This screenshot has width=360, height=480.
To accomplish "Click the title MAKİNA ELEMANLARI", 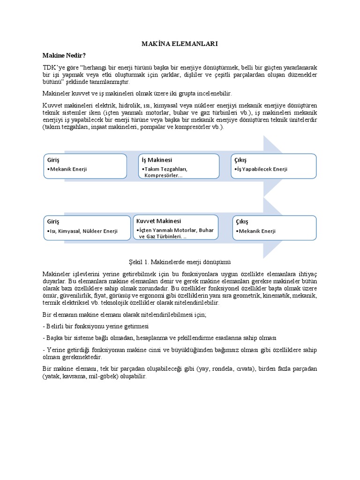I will pos(180,44).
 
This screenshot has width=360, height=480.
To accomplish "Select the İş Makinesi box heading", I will pos(157,160).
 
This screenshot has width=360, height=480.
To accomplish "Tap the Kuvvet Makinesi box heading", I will pos(158,221).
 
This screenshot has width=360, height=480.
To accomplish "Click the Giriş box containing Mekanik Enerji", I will pos(85,166).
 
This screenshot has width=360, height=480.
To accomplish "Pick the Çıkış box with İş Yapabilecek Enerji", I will pos(273,166).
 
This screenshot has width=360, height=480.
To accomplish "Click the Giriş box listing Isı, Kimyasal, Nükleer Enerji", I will pos(87,227).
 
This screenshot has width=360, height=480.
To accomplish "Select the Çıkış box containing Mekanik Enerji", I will pos(274,227).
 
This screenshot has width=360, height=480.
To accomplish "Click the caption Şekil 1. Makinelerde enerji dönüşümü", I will pos(180,262).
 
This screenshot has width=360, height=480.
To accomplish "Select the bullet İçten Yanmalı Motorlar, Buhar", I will pos(174,230).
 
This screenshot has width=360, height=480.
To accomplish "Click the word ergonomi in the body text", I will pos(178,296).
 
